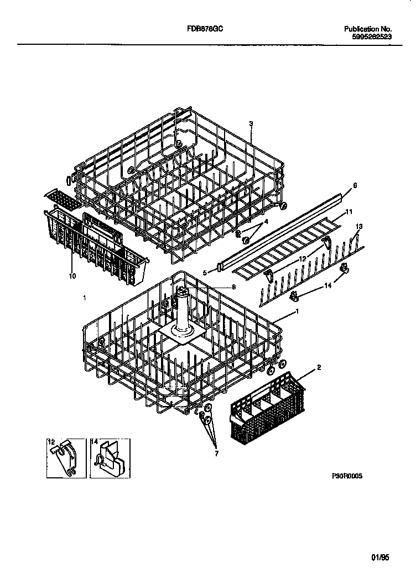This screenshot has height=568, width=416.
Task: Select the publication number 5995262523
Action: pyautogui.click(x=372, y=37)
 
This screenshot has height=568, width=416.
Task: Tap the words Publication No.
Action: pyautogui.click(x=368, y=29)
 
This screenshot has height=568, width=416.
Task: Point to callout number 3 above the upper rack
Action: pyautogui.click(x=251, y=124)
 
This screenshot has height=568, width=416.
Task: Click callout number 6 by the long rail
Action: pyautogui.click(x=355, y=186)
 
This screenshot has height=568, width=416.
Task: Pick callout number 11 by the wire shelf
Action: pyautogui.click(x=349, y=212)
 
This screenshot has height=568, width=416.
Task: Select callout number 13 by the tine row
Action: pyautogui.click(x=359, y=226)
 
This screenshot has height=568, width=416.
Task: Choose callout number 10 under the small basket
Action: pyautogui.click(x=72, y=275)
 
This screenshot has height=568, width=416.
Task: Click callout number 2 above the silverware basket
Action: pyautogui.click(x=319, y=367)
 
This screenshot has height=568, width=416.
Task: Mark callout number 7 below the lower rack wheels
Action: pyautogui.click(x=216, y=454)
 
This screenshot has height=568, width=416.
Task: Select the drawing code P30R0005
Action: pyautogui.click(x=347, y=476)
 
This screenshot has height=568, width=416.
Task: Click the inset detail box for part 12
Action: pyautogui.click(x=65, y=458)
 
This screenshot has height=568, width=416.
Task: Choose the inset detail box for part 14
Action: pyautogui.click(x=110, y=458)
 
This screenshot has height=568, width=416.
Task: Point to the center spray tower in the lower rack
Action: pyautogui.click(x=181, y=315)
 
